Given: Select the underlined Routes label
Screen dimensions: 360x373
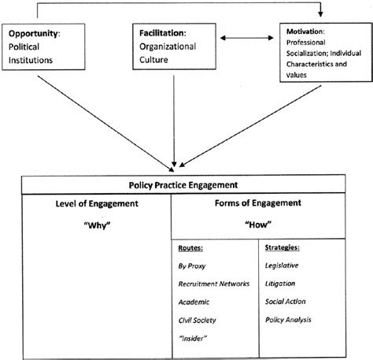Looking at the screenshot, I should (x=191, y=250).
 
